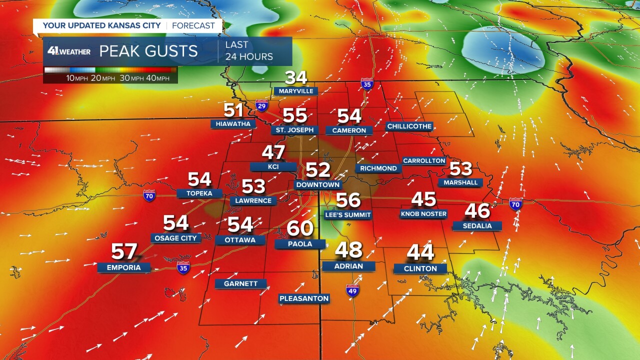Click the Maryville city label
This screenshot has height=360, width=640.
coord(296,91)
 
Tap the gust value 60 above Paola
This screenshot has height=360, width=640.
coord(300,228)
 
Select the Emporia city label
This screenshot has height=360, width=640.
coord(123,267)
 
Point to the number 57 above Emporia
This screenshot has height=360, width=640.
coord(124,251)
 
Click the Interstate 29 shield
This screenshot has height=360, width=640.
coord(261,105)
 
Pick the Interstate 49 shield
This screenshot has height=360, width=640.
coord(352,290)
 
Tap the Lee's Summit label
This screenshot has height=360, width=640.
coord(347,215)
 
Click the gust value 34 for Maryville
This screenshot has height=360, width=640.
coord(296,77)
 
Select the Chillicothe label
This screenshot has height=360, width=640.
coord(409,126)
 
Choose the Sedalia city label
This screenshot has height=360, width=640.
coord(477,226)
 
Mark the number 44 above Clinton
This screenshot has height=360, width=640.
coord(420,252)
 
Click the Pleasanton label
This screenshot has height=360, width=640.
coord(304,298)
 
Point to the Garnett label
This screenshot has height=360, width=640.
coord(240,283)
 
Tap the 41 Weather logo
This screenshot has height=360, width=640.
coord(69,51)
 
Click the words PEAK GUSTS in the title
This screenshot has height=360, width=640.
coord(148,51)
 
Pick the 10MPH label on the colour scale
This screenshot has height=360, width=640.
coord(77,78)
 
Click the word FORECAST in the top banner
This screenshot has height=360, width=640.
coord(193,25)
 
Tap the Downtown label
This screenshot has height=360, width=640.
coord(318,185)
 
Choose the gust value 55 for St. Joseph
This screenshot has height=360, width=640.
coord(295,115)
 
